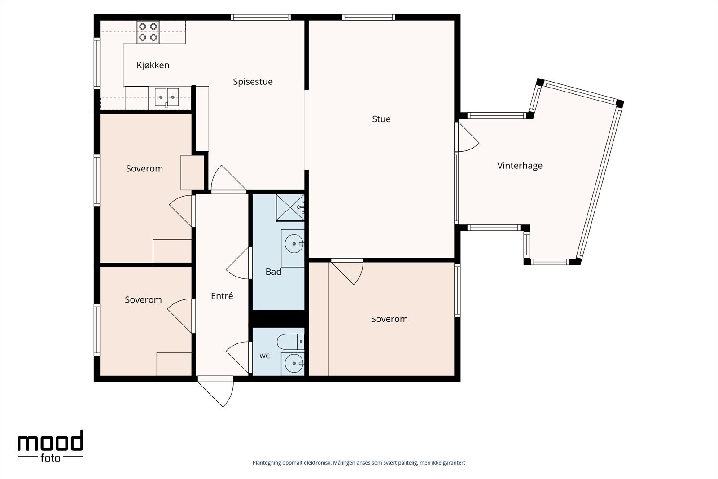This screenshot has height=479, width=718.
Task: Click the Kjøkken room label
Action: (x=153, y=65)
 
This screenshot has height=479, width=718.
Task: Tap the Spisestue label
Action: (x=253, y=82)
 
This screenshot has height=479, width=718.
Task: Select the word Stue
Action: (x=381, y=119)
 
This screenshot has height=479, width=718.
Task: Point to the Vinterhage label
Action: (x=520, y=166)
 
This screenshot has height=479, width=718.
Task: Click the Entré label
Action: (x=222, y=295)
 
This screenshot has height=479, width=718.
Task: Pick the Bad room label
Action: (x=273, y=272)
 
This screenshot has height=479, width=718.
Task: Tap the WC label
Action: (x=264, y=356)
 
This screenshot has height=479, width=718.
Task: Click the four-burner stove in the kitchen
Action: (x=148, y=32)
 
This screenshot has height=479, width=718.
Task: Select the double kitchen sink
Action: (x=166, y=97)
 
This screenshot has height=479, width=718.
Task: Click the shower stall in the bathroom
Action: (x=290, y=207)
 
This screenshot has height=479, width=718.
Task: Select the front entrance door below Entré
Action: (x=216, y=391)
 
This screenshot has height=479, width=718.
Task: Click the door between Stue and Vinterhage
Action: (x=467, y=137)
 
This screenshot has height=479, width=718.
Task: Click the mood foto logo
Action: (x=50, y=446)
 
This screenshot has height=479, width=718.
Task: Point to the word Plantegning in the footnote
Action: (x=267, y=463)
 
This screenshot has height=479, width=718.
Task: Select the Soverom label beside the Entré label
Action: (x=143, y=300)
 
